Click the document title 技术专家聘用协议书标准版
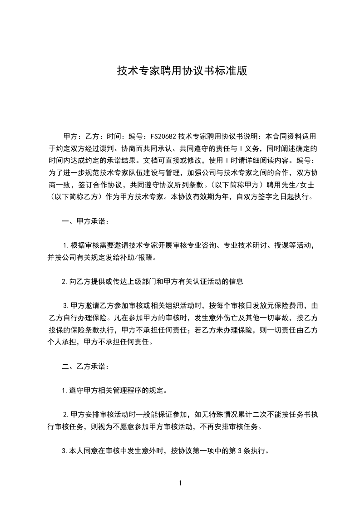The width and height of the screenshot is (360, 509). tap(182, 71)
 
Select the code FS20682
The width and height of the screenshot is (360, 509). tap(163, 136)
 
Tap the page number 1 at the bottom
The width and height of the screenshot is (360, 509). tap(180, 483)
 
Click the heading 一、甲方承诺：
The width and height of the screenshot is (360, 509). tap(85, 222)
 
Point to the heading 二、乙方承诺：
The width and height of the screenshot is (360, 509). tap(85, 366)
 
